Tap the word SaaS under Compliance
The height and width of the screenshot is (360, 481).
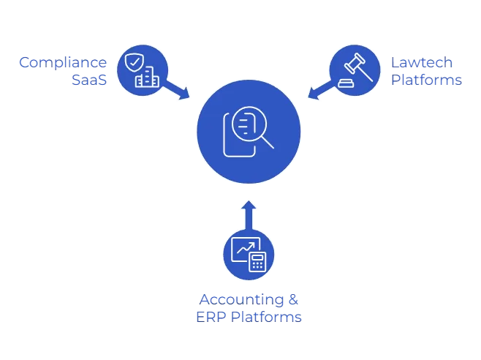tap(90, 80)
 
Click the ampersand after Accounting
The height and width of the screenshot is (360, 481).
tap(292, 299)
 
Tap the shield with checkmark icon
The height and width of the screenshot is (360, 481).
tap(134, 63)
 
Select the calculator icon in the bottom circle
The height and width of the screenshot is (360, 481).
tap(257, 261)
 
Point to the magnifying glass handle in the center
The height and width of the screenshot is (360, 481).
tap(267, 141)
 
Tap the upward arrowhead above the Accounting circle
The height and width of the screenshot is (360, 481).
tap(249, 204)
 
